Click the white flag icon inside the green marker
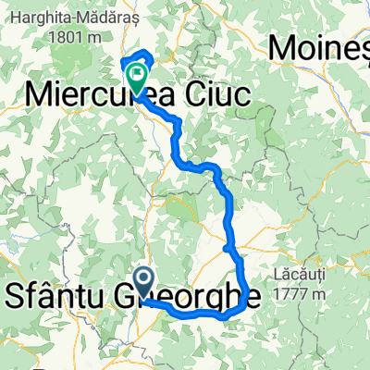click(x=139, y=70)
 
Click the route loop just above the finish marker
click(x=139, y=55)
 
